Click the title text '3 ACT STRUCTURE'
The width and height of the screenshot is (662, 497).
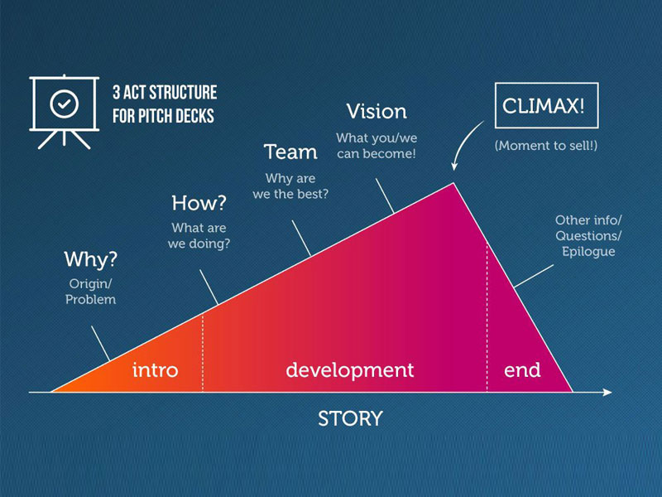164,92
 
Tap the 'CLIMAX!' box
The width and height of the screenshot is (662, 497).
544,106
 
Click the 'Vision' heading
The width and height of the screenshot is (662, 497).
377,111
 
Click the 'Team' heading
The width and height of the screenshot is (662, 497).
290,152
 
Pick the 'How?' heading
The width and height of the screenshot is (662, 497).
199,203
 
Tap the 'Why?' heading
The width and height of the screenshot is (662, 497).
91,259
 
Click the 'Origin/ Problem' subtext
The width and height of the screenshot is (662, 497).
91,292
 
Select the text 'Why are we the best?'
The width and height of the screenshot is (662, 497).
291,186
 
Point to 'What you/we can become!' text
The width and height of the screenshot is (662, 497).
377,145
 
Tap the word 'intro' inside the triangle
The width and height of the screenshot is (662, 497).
156,369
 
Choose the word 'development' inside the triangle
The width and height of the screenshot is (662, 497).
349,369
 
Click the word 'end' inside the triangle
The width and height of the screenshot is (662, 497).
523,369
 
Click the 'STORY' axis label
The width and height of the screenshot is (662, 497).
350,418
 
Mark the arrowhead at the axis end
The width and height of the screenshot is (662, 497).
607,392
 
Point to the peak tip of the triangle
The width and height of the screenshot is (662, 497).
453,184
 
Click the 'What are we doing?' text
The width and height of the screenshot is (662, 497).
199,236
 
